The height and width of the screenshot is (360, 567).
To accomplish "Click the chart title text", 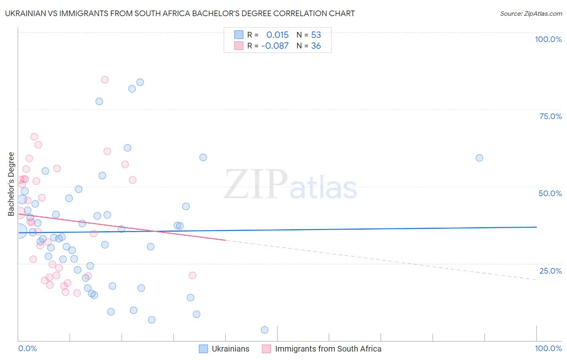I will [x=180, y=13].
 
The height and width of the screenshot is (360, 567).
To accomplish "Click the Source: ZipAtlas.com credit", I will [x=531, y=13].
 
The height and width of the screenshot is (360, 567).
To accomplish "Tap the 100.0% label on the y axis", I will [x=548, y=39].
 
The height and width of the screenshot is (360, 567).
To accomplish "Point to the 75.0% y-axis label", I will [x=550, y=116].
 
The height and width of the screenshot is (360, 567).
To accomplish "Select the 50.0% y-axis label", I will [x=550, y=193].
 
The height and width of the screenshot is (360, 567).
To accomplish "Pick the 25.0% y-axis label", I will [x=550, y=271].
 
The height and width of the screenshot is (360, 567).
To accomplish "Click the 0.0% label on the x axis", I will [x=27, y=348].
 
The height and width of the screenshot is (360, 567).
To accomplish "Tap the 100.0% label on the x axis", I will [x=548, y=348].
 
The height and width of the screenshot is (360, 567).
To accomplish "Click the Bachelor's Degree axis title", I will [x=11, y=184].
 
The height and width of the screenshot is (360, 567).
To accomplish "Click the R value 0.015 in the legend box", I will [x=277, y=35].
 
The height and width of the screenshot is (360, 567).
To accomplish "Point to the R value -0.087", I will [x=275, y=46].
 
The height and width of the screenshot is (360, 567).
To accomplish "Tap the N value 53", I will [x=316, y=35].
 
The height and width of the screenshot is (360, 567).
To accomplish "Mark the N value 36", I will [x=316, y=46].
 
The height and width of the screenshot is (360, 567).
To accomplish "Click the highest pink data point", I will [x=105, y=80].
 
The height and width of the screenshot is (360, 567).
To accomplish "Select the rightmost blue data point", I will [x=479, y=158].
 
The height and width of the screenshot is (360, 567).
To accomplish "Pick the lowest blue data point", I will [x=265, y=330].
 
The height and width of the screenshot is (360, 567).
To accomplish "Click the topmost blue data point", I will [x=140, y=82].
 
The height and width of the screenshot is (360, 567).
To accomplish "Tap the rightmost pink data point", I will [x=192, y=275].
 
